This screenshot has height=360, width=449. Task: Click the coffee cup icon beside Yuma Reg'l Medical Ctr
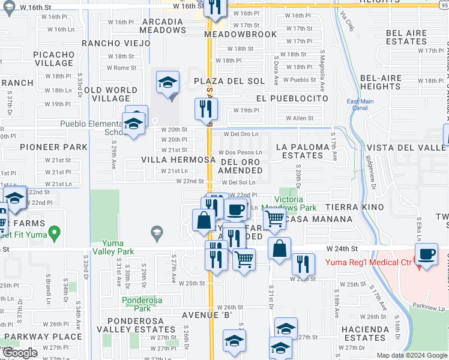click(427, 253)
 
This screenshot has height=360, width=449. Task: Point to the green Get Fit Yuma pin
click(54, 232)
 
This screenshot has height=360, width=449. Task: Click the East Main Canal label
click(360, 105)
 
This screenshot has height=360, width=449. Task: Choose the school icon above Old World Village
click(169, 83)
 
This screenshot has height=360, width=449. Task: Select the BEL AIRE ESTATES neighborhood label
click(406, 37)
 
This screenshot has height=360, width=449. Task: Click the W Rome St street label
click(122, 68)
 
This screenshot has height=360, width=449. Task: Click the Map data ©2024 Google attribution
click(411, 355)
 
